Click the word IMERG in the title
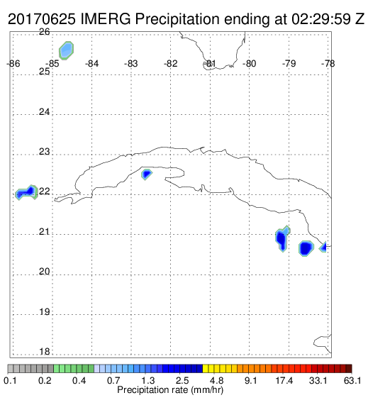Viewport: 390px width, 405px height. tap(106, 19)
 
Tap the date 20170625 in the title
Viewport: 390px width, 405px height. tap(42, 19)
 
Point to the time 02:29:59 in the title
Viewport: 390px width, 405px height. tap(321, 19)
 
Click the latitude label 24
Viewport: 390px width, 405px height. tap(44, 112)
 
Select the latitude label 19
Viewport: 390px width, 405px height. tap(44, 312)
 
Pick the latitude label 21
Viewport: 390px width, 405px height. tap(44, 232)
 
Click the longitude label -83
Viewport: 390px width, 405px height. tap(130, 64)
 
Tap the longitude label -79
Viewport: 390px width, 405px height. tap(289, 64)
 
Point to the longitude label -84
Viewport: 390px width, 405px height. tap(91, 64)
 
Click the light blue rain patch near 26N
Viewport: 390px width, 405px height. tap(67, 50)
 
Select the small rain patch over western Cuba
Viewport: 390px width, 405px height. tap(147, 174)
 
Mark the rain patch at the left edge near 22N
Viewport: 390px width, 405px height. tap(26, 193)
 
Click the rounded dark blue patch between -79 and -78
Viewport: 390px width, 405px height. tap(306, 248)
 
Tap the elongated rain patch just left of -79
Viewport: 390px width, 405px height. tap(282, 239)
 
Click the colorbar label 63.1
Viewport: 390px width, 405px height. tap(352, 381)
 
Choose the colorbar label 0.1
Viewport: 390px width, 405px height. tap(11, 381)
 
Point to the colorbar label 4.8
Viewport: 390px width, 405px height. tap(216, 381)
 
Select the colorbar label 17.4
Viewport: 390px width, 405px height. tap(284, 381)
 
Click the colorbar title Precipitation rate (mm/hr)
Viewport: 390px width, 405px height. tap(170, 390)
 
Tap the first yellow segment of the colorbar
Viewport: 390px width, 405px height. tap(206, 369)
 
